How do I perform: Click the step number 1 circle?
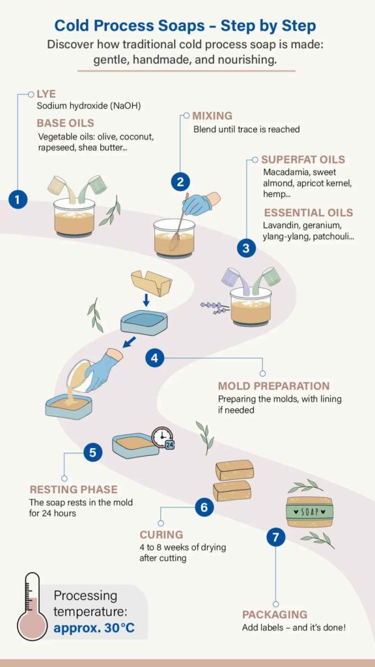pos(18,199)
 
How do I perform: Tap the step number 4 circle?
pos(154,358)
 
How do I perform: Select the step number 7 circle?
pos(276,537)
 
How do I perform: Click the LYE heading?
pos(46,94)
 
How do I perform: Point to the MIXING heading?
pos(213,116)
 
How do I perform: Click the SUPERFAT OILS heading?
pos(303,160)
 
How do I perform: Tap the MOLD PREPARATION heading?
pos(274,386)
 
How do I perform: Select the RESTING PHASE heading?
pos(74,490)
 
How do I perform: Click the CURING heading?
pos(161,534)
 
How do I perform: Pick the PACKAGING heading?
pos(275,615)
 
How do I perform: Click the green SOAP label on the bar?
pos(310,512)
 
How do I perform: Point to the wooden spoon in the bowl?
pos(180,223)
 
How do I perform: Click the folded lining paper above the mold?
pos(151,283)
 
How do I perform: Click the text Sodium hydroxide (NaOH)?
pos(89,106)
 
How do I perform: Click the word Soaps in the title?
pos(179,26)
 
